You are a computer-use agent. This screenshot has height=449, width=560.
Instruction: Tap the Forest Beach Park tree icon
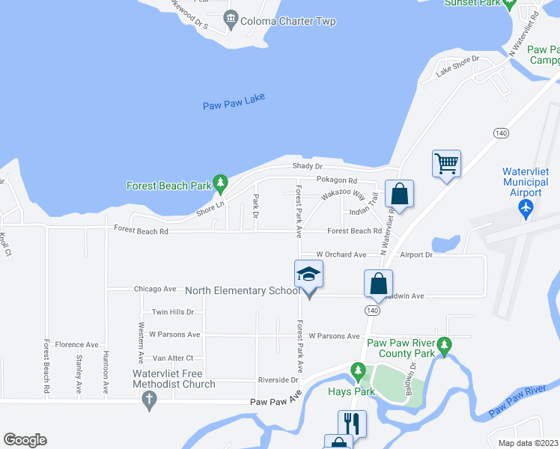220,182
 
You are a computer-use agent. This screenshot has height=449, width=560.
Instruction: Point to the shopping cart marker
446,162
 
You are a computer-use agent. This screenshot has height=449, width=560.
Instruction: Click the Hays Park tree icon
359,370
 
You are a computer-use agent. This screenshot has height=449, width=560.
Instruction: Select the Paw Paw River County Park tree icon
445,346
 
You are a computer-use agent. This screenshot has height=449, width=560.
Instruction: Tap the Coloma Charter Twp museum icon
231,18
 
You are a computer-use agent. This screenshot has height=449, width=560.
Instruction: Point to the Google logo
25,440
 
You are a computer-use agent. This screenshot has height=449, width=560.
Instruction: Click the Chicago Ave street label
155,289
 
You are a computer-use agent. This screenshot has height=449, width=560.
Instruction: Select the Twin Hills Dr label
173,312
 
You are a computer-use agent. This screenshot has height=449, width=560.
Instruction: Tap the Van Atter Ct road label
173,358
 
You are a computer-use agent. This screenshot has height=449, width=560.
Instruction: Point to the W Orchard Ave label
341,255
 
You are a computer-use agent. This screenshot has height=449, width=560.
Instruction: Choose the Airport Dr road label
416,255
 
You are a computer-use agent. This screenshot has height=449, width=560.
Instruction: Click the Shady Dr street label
308,166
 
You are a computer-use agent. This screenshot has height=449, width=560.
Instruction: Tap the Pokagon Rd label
336,180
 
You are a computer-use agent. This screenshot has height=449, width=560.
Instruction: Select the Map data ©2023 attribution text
528,443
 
